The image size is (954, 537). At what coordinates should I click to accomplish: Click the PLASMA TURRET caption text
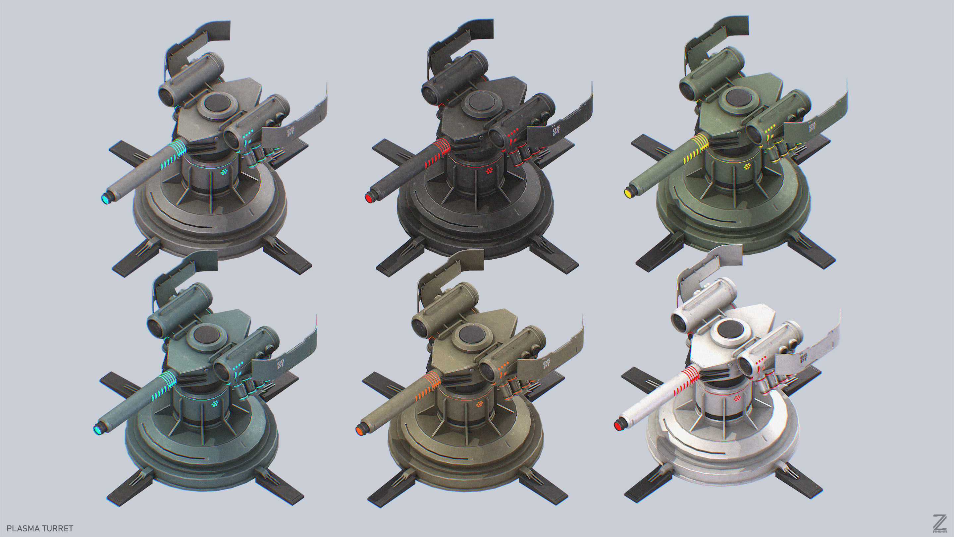pyautogui.click(x=40, y=528)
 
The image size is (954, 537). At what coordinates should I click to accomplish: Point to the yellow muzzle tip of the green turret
pyautogui.click(x=628, y=193)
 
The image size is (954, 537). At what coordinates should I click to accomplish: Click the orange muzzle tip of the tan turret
pyautogui.click(x=359, y=431)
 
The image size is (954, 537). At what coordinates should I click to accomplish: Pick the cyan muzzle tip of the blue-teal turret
pyautogui.click(x=98, y=430)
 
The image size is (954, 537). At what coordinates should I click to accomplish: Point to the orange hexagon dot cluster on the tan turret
pyautogui.click(x=480, y=403)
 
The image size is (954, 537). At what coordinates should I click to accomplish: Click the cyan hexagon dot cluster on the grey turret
pyautogui.click(x=224, y=171)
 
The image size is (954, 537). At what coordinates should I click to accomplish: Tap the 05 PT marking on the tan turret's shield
pyautogui.click(x=546, y=363)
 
